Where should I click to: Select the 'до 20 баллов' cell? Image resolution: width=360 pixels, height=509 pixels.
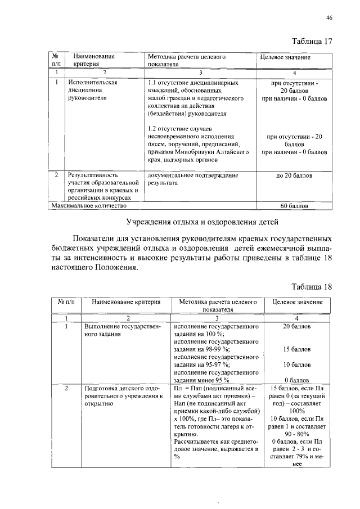coord(294,175)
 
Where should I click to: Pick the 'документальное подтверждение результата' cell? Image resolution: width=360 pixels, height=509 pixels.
coord(191,179)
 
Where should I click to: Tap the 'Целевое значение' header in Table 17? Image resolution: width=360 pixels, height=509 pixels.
coord(285,57)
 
